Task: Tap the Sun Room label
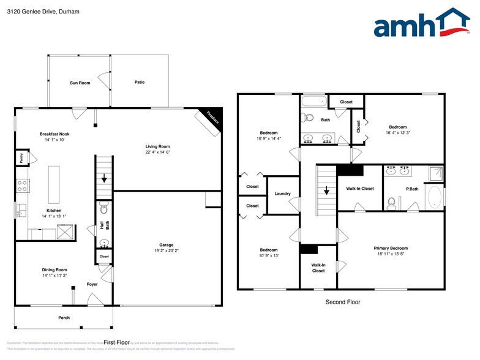point(80,83)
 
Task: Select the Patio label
point(140,82)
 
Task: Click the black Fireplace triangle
point(212,118)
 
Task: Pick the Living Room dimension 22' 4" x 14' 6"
point(157,152)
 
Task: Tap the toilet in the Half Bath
point(103,205)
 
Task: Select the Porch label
point(64,318)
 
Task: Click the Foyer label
point(92,284)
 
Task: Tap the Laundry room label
point(282,193)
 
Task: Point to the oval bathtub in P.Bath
point(433,198)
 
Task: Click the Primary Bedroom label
point(390,248)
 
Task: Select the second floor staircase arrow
point(326,190)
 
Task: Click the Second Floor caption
point(342,302)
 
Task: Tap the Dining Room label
point(54,269)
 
